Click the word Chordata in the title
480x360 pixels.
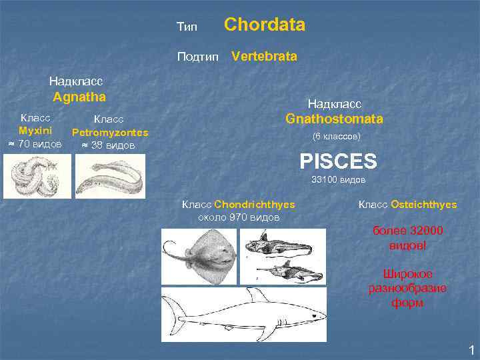coord(265,25)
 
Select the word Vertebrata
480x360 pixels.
coord(264,57)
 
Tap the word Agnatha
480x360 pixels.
coord(79,97)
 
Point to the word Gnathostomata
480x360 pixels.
coord(334,119)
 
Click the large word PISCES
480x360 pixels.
coord(338,161)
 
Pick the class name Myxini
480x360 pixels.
coord(35,131)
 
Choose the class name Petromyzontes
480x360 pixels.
coord(109,133)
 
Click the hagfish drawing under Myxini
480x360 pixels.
coord(35,180)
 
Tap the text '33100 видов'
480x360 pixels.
coord(338,180)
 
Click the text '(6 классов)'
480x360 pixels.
coord(337,137)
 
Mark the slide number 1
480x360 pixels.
coord(471,349)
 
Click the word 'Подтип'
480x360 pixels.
coord(197,57)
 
